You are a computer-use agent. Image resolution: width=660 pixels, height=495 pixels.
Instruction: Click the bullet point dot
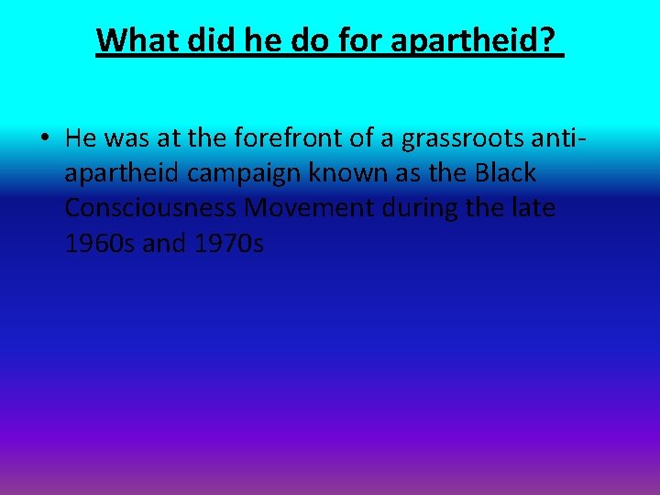pyautogui.click(x=44, y=139)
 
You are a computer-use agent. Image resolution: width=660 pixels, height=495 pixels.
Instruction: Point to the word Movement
pyautogui.click(x=309, y=208)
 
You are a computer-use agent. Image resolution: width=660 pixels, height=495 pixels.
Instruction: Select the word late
pyautogui.click(x=533, y=208)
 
